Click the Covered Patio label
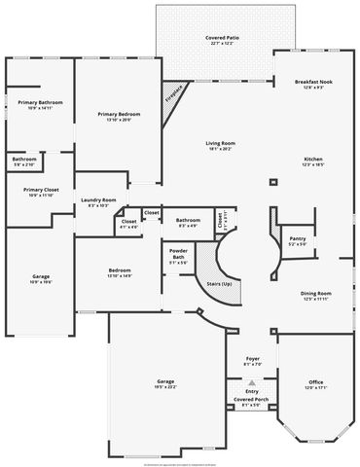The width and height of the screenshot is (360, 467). pyautogui.click(x=216, y=39)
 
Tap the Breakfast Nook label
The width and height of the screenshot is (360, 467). pyautogui.click(x=313, y=85)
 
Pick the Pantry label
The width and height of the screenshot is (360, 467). pyautogui.click(x=297, y=240)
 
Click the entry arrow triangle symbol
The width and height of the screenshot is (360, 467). pyautogui.click(x=252, y=382)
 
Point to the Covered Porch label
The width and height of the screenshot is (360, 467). pyautogui.click(x=251, y=401)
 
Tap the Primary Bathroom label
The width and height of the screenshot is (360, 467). pyautogui.click(x=41, y=104)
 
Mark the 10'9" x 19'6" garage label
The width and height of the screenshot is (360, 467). pyautogui.click(x=41, y=279)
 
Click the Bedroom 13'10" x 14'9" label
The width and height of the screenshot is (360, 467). pyautogui.click(x=120, y=272)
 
